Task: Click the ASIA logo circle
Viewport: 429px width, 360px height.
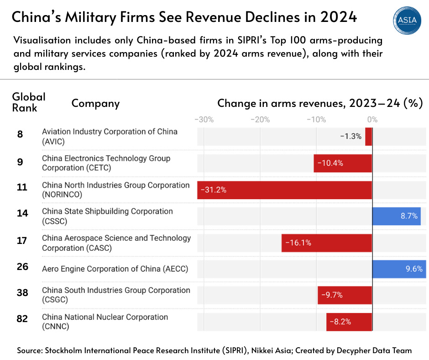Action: point(407,20)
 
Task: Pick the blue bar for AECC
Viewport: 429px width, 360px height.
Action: point(399,269)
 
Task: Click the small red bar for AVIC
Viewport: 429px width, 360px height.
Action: point(368,136)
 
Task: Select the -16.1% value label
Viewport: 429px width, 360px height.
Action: point(298,243)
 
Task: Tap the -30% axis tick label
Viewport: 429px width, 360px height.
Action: point(204,120)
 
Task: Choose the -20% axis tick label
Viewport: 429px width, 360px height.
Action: point(260,120)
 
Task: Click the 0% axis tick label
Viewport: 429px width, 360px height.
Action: point(372,120)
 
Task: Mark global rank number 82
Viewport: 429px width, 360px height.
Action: point(22,319)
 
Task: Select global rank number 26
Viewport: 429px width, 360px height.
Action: point(22,266)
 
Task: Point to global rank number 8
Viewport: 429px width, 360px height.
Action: point(20,134)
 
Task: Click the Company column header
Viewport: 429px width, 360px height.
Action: point(95,103)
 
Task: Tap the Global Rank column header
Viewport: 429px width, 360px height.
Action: point(28,102)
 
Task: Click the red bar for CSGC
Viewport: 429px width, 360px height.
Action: point(345,295)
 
